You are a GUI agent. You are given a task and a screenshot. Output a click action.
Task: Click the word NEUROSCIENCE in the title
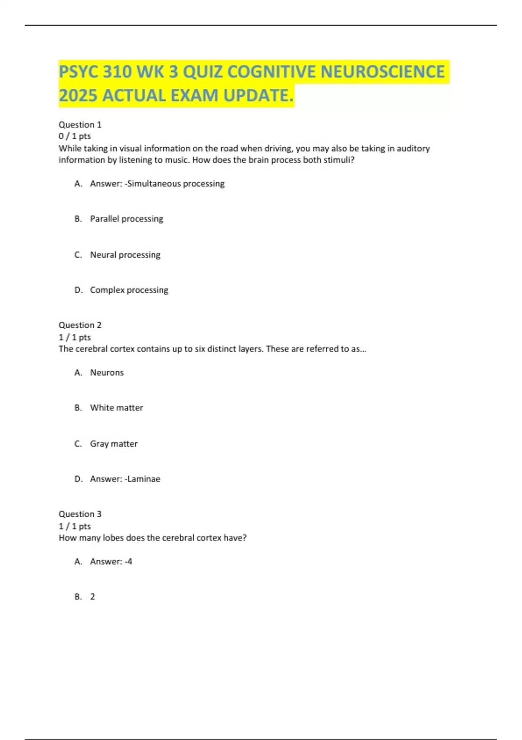(x=382, y=72)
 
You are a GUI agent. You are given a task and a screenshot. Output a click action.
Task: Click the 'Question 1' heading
(x=80, y=124)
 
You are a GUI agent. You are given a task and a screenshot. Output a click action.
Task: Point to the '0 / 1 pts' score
(x=75, y=136)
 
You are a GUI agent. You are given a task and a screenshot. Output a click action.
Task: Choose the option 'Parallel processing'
(x=127, y=219)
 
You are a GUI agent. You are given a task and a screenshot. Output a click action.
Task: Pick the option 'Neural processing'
(x=125, y=255)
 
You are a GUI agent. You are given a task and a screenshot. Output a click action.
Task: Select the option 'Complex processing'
(x=129, y=290)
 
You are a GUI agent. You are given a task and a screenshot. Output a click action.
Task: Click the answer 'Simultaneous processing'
(x=176, y=184)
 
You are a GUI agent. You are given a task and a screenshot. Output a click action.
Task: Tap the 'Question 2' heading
(x=80, y=325)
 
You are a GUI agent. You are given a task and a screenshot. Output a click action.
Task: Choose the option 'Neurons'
(x=107, y=373)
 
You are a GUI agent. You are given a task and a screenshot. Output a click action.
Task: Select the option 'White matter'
(x=116, y=408)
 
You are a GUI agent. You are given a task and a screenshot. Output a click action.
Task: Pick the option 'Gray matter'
(x=114, y=444)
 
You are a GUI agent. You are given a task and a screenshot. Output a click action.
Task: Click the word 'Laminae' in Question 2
(x=144, y=479)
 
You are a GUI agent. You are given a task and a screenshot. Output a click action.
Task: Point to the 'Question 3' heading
(x=80, y=514)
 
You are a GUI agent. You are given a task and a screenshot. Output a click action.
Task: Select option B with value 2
(x=92, y=597)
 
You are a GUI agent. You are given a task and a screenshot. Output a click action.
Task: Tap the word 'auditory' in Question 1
(x=413, y=148)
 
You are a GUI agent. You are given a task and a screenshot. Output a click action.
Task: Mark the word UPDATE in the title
(x=258, y=96)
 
